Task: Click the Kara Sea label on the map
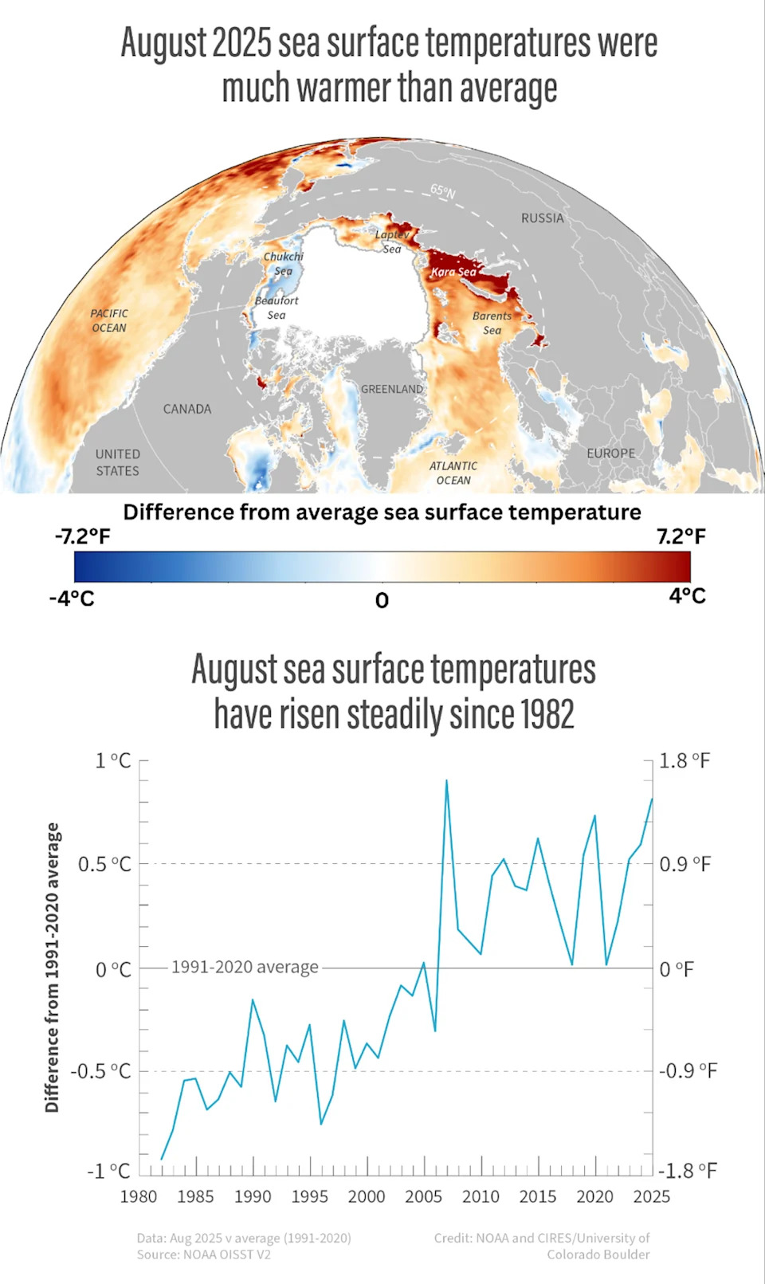(x=453, y=272)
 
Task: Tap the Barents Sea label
(x=492, y=323)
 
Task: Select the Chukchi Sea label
(x=284, y=264)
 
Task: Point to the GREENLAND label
(x=392, y=389)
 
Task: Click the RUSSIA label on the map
(x=542, y=218)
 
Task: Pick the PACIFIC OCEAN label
(x=109, y=320)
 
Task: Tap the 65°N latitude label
(x=443, y=191)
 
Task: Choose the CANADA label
(x=187, y=409)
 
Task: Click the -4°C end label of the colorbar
(x=72, y=598)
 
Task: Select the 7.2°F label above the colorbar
(x=681, y=536)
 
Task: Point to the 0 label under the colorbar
(x=382, y=600)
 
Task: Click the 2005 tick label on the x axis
(x=423, y=1196)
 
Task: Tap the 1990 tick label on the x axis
(x=253, y=1196)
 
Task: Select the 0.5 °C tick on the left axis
(x=104, y=864)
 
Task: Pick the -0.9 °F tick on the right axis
(x=688, y=1070)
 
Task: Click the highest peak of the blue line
(x=446, y=781)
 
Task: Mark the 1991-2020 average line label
(x=245, y=967)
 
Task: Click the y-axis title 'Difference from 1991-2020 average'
(x=53, y=968)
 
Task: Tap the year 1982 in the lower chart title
(x=547, y=714)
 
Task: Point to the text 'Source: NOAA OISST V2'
(x=204, y=1255)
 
